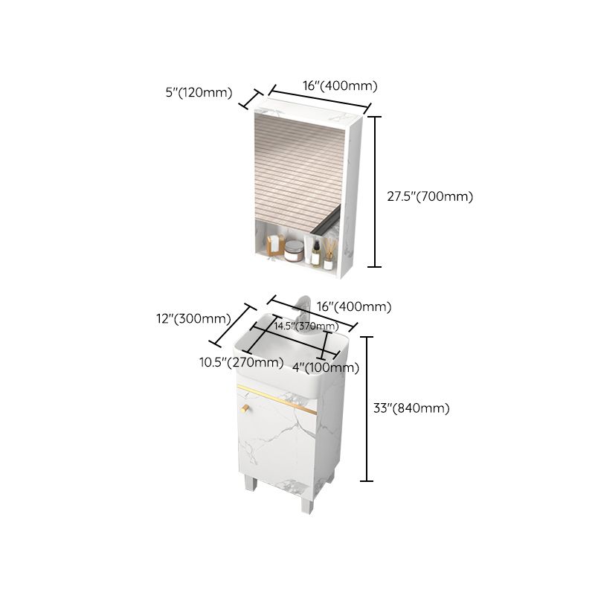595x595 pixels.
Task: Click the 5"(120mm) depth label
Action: [199, 93]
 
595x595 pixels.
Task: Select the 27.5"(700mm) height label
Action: [430, 197]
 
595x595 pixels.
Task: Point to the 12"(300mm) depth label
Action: [192, 319]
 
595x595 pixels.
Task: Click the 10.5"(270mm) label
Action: [240, 362]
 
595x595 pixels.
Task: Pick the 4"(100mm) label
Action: [326, 367]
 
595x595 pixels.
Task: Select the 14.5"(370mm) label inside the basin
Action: [306, 326]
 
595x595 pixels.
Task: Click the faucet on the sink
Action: [303, 312]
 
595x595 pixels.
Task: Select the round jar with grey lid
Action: [295, 251]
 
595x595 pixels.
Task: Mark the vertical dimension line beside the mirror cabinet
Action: [376, 191]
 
